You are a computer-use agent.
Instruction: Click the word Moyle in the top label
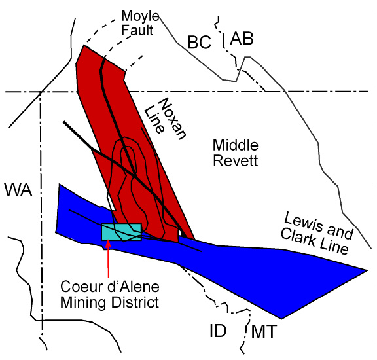click(x=140, y=17)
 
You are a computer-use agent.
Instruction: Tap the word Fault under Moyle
click(x=137, y=30)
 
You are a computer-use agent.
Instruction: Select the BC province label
click(x=199, y=42)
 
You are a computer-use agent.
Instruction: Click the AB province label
click(x=242, y=39)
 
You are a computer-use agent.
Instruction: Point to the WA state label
click(x=18, y=190)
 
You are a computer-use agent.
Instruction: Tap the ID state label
click(x=218, y=331)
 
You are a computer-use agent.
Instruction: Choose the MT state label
click(x=264, y=331)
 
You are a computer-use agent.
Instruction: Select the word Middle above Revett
click(x=236, y=145)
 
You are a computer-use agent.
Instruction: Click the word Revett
click(x=236, y=160)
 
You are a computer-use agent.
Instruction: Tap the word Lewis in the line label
click(x=304, y=223)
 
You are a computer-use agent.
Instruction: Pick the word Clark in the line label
click(x=298, y=237)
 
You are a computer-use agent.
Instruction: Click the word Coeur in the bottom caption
click(x=77, y=287)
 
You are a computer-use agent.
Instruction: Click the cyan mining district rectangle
click(x=122, y=232)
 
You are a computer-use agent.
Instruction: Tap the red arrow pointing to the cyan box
click(x=108, y=259)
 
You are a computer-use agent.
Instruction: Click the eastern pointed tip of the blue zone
click(x=367, y=270)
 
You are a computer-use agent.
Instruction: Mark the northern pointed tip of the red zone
click(x=84, y=45)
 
